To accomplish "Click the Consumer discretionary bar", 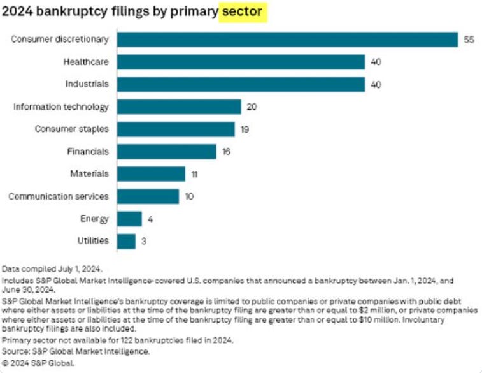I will coord(287,40).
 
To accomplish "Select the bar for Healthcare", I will coord(241,62).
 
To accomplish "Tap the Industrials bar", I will coord(241,84).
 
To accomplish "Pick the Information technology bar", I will coord(179,106).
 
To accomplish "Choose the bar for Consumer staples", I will coord(176,129).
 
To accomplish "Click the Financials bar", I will coord(167,152).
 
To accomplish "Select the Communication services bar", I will coord(148,196).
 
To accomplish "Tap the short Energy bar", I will coord(129,219).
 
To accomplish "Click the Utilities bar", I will coord(126,241).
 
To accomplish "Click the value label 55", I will coord(469,40).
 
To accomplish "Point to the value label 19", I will coord(245,129).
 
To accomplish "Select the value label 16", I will coord(227,152).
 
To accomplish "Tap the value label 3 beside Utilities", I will coord(143,241).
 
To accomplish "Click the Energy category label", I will coord(94,219).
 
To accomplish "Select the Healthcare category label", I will coord(86,62).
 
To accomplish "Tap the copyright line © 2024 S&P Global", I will coord(38,363).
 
